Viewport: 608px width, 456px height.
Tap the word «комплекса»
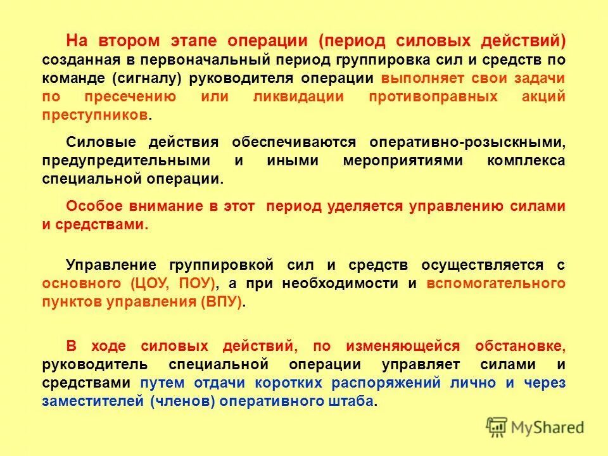(526, 160)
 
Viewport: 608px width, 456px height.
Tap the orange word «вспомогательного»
(496, 283)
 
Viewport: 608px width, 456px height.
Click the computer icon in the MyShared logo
(497, 427)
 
